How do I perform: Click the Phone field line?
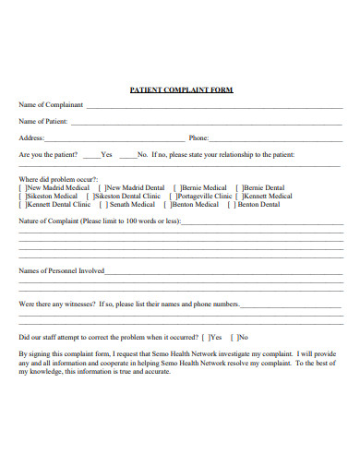277,139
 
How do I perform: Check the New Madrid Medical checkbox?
23,187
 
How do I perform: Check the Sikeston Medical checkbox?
23,196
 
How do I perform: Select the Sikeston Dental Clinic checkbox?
90,196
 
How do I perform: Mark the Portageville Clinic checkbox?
173,196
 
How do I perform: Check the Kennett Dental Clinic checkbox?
23,204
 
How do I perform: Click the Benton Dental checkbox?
234,204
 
